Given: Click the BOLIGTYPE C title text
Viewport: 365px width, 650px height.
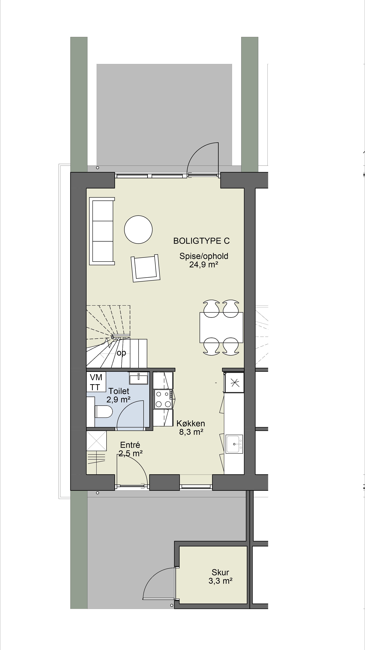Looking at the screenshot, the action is pyautogui.click(x=201, y=241).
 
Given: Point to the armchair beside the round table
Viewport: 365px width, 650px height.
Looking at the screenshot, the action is pyautogui.click(x=146, y=268).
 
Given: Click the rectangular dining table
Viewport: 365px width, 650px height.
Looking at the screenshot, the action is pyautogui.click(x=221, y=328).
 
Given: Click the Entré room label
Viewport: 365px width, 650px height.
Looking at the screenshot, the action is pyautogui.click(x=130, y=445).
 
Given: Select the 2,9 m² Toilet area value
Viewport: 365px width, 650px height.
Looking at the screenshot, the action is pyautogui.click(x=118, y=399).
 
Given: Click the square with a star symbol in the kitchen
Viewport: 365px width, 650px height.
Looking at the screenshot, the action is pyautogui.click(x=234, y=382).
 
